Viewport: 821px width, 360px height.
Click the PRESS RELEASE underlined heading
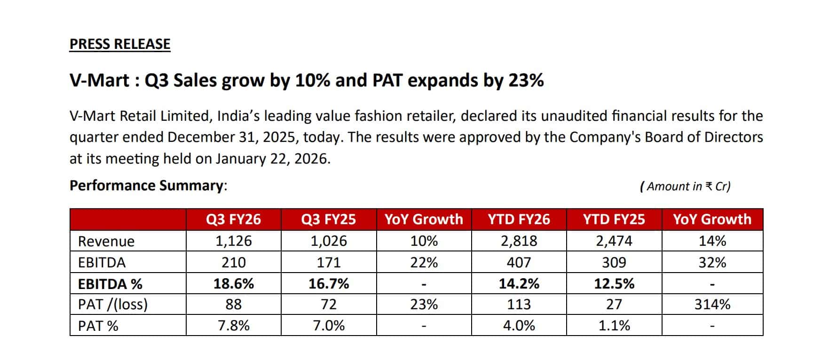120,44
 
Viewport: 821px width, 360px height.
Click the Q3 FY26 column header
233,219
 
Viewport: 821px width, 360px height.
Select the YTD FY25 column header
614,219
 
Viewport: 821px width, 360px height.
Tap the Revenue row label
106,241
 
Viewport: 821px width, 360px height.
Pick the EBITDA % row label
110,284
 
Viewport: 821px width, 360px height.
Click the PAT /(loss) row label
113,305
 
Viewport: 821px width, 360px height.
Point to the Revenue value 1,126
233,241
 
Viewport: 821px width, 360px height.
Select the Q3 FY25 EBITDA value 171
328,262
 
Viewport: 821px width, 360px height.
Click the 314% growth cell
712,305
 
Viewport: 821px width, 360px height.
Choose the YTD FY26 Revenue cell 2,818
519,241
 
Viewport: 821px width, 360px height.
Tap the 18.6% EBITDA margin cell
233,284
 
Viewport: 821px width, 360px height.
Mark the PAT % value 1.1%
614,326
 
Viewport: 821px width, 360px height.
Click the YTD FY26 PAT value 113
519,305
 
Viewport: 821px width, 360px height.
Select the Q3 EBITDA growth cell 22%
424,262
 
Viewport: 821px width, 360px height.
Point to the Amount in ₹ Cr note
685,187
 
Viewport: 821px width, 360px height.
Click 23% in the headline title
526,81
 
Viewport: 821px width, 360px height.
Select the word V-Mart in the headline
99,81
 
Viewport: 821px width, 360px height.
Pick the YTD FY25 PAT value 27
614,305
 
